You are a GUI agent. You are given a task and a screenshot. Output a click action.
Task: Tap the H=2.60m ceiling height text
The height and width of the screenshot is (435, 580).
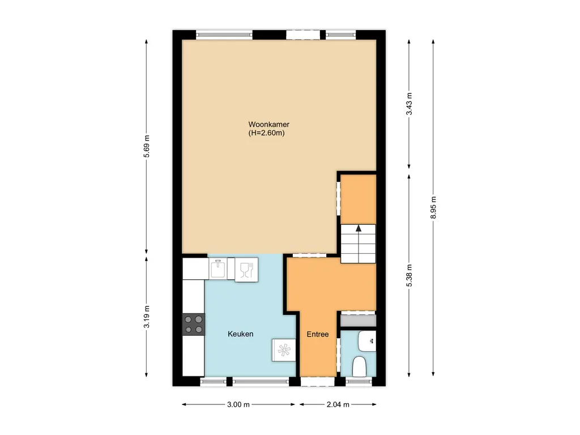(266, 134)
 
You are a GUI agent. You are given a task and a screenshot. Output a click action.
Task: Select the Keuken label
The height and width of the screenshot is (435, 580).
(240, 334)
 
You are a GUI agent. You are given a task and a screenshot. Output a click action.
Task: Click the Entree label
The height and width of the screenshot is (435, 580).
(318, 334)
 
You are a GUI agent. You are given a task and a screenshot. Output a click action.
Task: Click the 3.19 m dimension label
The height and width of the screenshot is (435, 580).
(147, 317)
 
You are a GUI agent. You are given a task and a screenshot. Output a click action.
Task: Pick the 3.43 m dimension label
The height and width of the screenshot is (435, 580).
(410, 104)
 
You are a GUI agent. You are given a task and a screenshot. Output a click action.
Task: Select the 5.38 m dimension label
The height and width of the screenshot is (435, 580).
(410, 275)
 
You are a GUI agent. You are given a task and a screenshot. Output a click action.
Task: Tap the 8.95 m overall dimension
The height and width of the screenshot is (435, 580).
(433, 207)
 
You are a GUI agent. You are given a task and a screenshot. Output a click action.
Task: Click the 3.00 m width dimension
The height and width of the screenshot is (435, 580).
(239, 404)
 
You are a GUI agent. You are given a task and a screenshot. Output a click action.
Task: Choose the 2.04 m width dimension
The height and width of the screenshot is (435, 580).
(338, 404)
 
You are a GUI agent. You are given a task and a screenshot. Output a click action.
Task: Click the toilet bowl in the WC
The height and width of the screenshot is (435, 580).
(359, 366)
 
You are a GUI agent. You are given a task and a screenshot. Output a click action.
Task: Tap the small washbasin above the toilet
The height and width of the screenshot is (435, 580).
(367, 340)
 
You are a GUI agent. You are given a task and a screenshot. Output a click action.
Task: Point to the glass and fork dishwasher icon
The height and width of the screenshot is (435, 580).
(246, 268)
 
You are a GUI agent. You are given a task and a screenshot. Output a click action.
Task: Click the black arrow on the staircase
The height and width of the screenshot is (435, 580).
(358, 228)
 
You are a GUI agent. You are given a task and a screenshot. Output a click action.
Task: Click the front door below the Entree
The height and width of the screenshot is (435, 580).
(317, 381)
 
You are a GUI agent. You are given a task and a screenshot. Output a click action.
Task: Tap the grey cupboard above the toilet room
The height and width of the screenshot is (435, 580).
(358, 320)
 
